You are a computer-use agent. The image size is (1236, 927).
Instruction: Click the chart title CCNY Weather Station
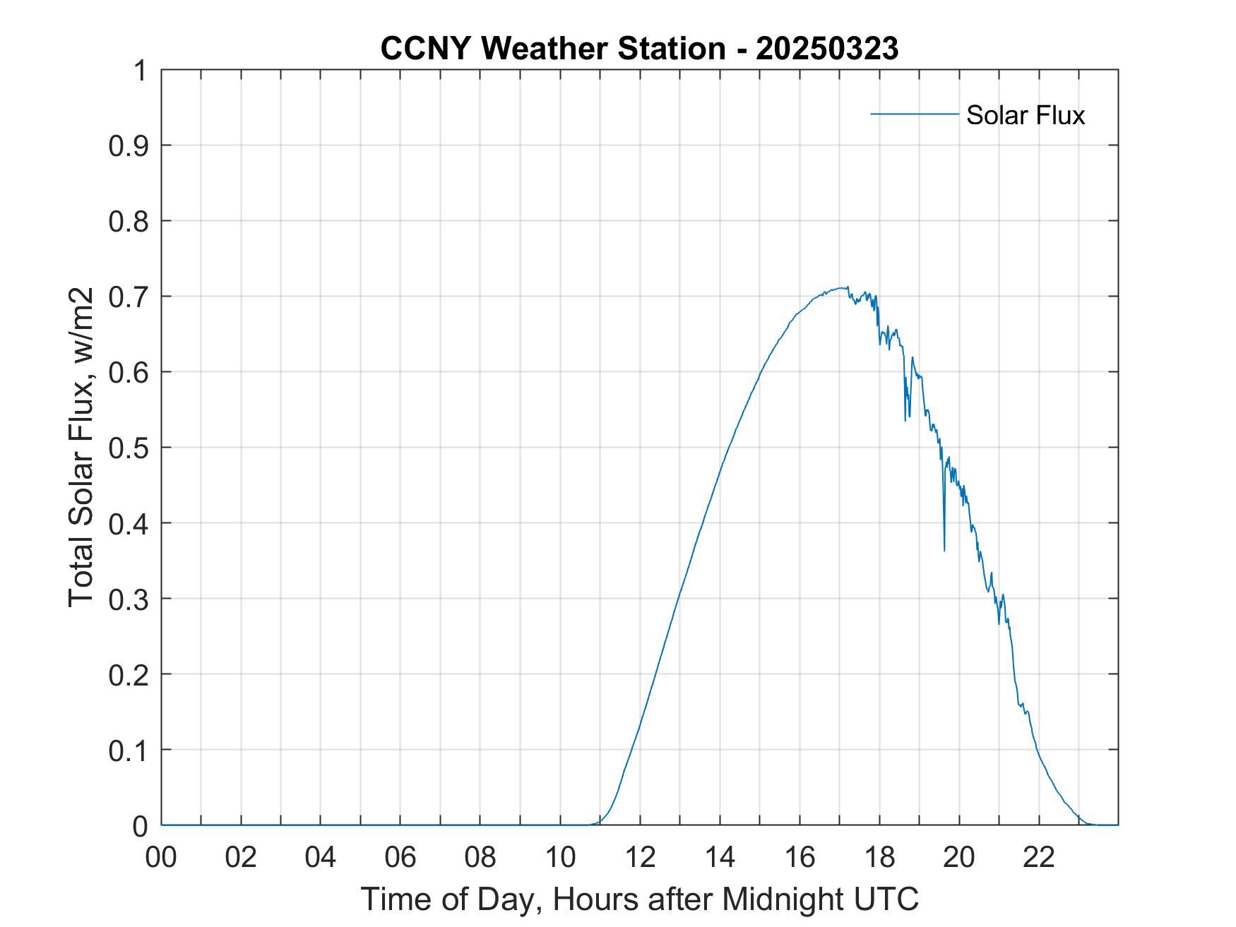click(552, 49)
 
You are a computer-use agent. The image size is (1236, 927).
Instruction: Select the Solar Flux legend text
click(1025, 115)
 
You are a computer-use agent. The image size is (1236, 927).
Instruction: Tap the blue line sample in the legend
click(914, 114)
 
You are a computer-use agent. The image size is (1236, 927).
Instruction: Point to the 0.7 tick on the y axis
click(129, 297)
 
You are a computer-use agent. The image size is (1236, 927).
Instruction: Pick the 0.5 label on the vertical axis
click(129, 448)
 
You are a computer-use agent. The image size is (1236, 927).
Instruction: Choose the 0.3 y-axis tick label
click(129, 599)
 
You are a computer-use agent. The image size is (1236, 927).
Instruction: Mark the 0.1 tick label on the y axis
click(129, 750)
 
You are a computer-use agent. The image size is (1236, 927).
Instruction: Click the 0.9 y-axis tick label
click(129, 146)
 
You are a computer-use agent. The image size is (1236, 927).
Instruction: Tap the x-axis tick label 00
click(161, 857)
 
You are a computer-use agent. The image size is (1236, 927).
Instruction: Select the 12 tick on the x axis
click(640, 857)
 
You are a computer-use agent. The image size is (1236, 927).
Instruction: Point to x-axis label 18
click(879, 857)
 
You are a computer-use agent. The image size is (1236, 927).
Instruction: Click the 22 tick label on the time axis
click(1039, 857)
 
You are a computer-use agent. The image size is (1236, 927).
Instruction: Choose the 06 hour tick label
click(400, 857)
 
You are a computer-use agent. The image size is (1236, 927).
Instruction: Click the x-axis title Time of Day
click(639, 899)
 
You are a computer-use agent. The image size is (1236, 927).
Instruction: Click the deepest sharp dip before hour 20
click(944, 549)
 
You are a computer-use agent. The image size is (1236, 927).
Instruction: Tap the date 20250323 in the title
click(826, 49)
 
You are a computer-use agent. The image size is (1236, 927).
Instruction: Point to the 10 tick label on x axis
click(560, 857)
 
